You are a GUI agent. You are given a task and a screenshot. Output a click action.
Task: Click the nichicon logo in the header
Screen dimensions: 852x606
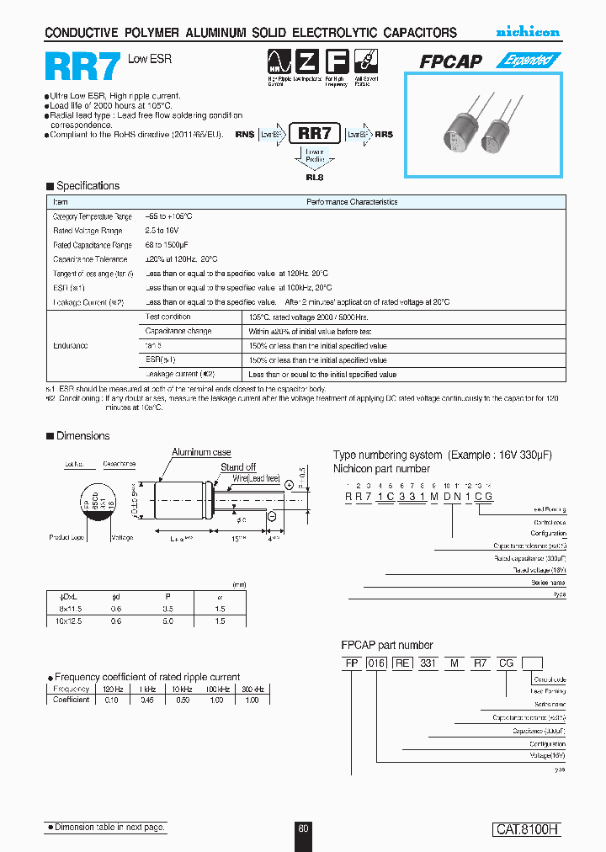click(527, 32)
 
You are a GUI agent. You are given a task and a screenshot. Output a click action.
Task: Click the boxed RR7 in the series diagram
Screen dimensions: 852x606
click(315, 133)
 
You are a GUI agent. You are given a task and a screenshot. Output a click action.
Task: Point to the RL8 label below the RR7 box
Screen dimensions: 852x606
click(314, 177)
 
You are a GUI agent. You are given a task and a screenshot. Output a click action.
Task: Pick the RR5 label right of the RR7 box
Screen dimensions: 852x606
click(384, 133)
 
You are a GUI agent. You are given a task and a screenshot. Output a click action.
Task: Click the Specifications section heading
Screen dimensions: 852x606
click(88, 186)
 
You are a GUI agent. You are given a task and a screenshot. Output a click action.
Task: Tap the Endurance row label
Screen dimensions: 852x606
click(71, 345)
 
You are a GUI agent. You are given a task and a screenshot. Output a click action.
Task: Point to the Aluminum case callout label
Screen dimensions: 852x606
click(202, 453)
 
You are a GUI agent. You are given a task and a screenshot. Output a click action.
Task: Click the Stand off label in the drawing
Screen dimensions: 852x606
click(238, 467)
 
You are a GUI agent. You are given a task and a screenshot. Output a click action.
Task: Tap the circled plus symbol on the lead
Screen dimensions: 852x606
click(289, 485)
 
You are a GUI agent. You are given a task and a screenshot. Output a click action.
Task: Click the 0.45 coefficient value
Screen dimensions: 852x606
click(147, 700)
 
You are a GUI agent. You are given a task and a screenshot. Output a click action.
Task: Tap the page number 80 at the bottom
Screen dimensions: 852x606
click(303, 828)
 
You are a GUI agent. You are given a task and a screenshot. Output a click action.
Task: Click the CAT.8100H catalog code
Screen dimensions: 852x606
click(526, 829)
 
